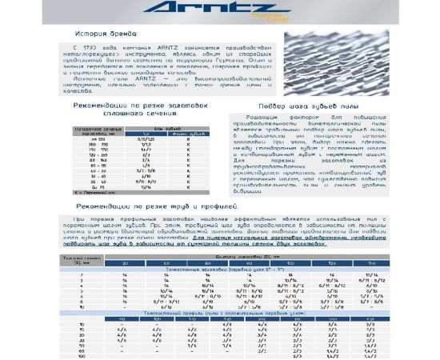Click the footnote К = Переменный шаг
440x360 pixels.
pos(72,193)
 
